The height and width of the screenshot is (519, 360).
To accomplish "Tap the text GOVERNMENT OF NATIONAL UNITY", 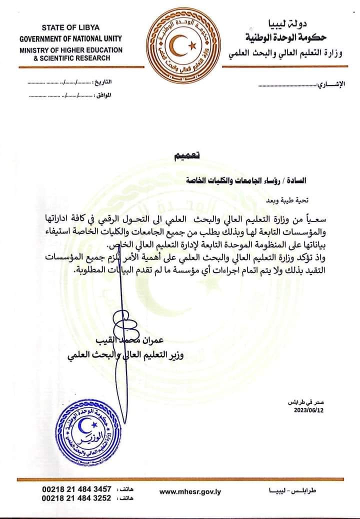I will tap(70, 38).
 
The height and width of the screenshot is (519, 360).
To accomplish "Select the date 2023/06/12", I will tap(308, 410).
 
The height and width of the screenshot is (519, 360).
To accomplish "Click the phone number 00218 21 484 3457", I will tap(76, 488).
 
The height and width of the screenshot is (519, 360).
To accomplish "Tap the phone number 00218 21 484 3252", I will tap(76, 498).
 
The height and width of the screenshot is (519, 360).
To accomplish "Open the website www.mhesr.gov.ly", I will tap(190, 492).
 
